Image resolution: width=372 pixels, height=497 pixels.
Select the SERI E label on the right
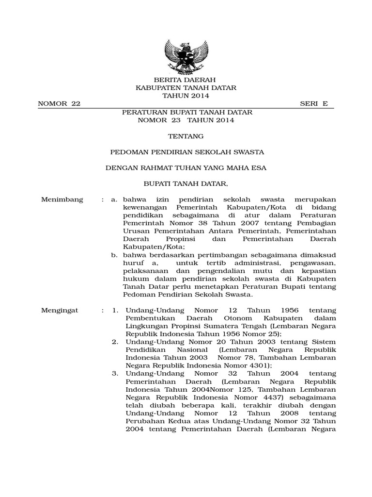pos(314,104)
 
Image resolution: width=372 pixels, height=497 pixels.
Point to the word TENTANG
pos(186,136)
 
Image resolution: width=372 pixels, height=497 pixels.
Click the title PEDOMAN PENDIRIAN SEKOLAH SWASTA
pos(187,152)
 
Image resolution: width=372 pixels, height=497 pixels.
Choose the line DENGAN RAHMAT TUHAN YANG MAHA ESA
pos(186,168)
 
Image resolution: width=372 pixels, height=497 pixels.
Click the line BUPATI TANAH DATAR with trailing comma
pos(186,184)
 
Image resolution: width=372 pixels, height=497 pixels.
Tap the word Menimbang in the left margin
pos(62,199)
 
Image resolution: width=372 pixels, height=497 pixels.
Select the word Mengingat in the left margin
pos(62,310)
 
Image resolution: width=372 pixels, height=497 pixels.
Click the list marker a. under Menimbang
pos(114,199)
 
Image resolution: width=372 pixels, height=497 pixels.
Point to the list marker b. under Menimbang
pos(114,255)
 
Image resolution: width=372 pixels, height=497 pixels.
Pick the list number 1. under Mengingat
pos(115,310)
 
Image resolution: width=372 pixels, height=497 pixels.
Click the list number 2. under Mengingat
pos(115,342)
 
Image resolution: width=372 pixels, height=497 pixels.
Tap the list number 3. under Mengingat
pos(115,373)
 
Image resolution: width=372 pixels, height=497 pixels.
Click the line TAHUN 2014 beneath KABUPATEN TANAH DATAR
pos(186,96)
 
